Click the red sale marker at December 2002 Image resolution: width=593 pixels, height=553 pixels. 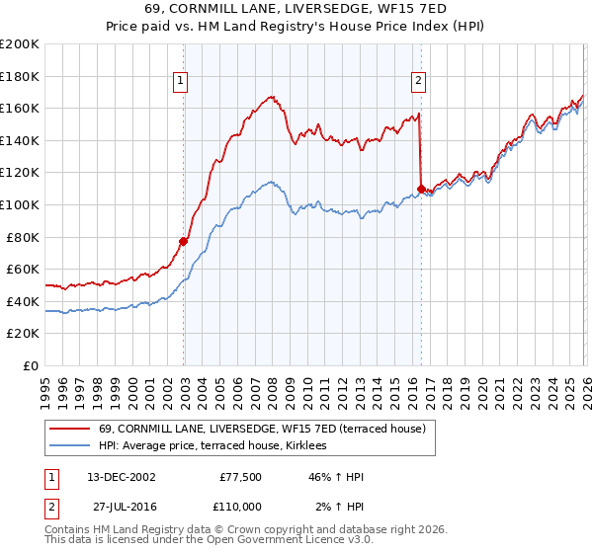184,241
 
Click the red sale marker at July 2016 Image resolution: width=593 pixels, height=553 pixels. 422,188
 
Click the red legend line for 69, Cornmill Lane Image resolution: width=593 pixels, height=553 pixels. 70,429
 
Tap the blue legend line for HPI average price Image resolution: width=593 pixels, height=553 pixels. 70,446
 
